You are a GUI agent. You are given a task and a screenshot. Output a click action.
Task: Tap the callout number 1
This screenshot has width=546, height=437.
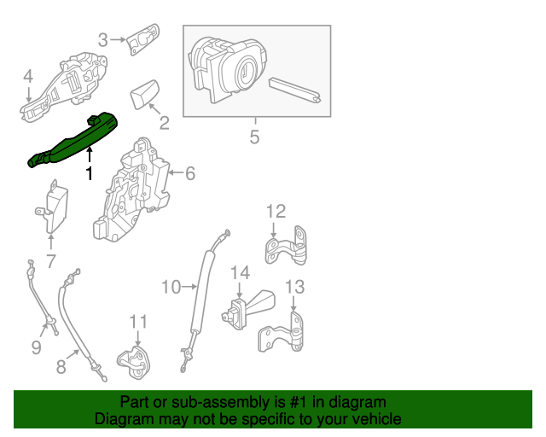[89, 173]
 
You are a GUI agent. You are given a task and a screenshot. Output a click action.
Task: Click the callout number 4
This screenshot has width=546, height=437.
[27, 77]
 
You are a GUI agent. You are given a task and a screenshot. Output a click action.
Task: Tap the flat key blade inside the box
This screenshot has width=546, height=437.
[295, 91]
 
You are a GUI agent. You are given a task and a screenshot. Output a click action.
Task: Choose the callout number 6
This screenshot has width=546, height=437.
[189, 173]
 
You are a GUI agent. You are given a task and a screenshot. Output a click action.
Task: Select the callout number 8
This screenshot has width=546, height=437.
[61, 367]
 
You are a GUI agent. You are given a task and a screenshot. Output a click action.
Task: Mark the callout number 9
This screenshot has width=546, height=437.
[36, 347]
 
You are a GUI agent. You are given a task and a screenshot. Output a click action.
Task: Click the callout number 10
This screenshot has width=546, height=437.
[171, 287]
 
